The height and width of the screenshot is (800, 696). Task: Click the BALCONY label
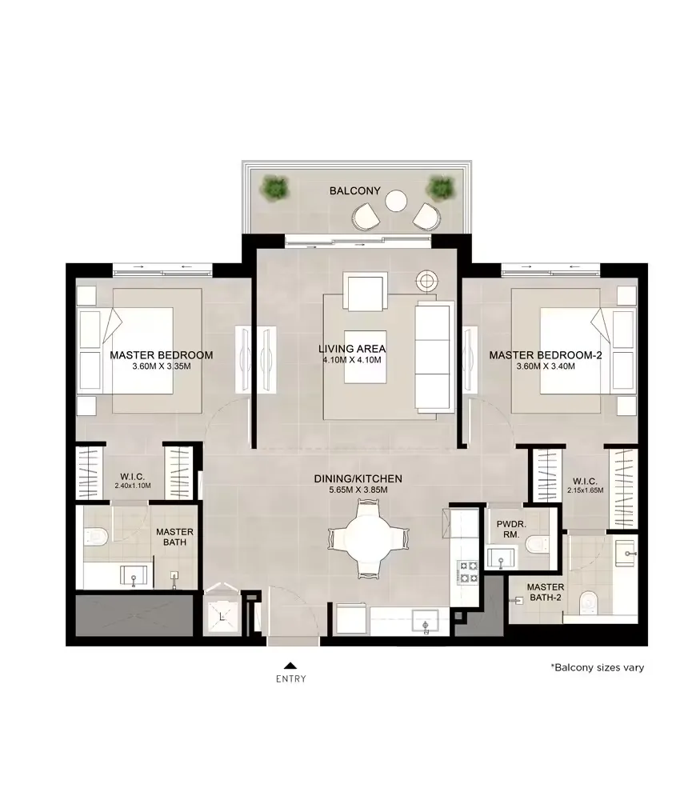click(x=354, y=191)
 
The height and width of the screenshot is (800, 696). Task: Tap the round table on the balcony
click(x=396, y=201)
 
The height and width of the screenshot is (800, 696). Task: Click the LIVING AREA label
click(x=352, y=349)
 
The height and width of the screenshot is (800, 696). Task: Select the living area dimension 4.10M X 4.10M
click(x=352, y=360)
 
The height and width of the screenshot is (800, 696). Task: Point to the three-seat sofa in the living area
click(x=434, y=357)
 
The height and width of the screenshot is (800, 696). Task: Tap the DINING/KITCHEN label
click(x=358, y=478)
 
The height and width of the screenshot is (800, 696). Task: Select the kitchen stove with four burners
click(x=469, y=572)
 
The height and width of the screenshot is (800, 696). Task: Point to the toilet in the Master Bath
click(x=97, y=536)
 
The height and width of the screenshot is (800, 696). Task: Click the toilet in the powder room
click(x=537, y=544)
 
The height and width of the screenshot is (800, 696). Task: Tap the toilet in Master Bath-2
click(x=589, y=602)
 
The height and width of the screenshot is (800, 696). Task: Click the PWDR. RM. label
click(x=511, y=529)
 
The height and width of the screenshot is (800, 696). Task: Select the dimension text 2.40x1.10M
click(x=133, y=486)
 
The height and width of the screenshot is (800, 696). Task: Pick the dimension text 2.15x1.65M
click(x=586, y=490)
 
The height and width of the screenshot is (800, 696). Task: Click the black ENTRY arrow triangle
click(x=290, y=666)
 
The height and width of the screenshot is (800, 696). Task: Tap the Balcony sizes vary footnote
click(x=598, y=667)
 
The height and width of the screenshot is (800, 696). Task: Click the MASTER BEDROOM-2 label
click(x=546, y=355)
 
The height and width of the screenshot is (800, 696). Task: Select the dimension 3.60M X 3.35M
click(x=162, y=366)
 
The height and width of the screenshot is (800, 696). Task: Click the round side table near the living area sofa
click(x=426, y=280)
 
